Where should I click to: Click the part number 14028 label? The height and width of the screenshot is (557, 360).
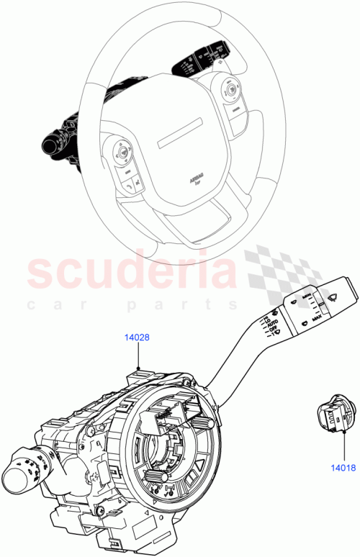click(136, 336)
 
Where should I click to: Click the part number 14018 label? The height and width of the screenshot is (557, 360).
click(344, 467)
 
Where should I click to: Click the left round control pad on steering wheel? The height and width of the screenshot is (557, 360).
click(120, 152)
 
